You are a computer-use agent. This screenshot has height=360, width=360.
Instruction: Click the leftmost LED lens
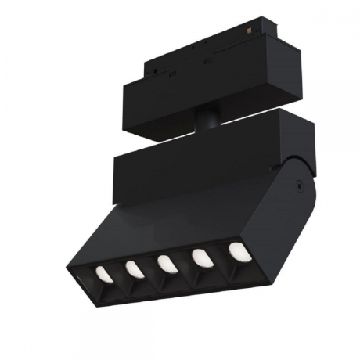click(x=102, y=273)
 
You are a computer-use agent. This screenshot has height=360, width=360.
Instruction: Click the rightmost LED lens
click(x=236, y=251)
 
